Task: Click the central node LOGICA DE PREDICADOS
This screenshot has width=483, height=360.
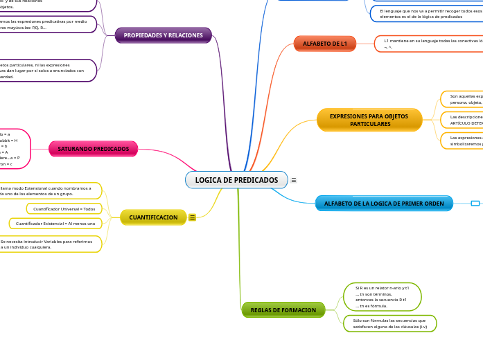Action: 236,180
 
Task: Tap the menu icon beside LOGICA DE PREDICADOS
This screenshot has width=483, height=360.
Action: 294,180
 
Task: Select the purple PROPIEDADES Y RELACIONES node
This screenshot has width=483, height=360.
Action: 163,35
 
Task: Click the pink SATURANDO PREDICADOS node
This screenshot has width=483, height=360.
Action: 93,149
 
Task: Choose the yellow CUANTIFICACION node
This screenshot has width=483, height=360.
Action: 153,217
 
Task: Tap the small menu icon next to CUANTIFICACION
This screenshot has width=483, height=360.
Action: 192,217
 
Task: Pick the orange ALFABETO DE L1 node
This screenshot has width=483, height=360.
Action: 325,44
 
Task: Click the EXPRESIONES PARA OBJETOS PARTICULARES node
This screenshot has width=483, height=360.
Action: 369,120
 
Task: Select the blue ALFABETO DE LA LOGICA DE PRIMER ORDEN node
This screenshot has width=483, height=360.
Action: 384,204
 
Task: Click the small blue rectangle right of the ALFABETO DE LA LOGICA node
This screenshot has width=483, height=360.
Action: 475,203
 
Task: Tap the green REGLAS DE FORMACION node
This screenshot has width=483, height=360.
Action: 283,310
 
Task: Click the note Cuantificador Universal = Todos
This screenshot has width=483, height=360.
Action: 64,208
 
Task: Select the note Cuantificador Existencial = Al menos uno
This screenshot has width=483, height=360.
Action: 55,224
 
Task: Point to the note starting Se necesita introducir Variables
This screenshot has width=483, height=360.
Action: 50,244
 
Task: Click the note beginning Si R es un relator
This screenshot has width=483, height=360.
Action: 382,296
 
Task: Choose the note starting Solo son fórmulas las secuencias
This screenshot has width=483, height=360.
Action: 389,323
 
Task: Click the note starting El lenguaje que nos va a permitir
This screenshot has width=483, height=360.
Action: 426,14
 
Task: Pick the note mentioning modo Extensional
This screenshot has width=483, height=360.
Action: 50,191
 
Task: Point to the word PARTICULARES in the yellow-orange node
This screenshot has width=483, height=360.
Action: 369,125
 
